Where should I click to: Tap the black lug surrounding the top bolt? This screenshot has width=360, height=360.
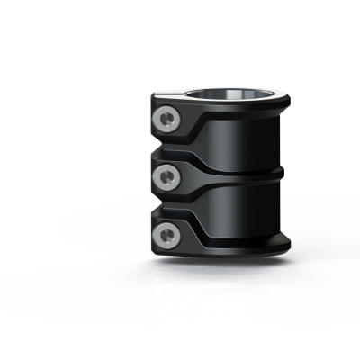180,126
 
